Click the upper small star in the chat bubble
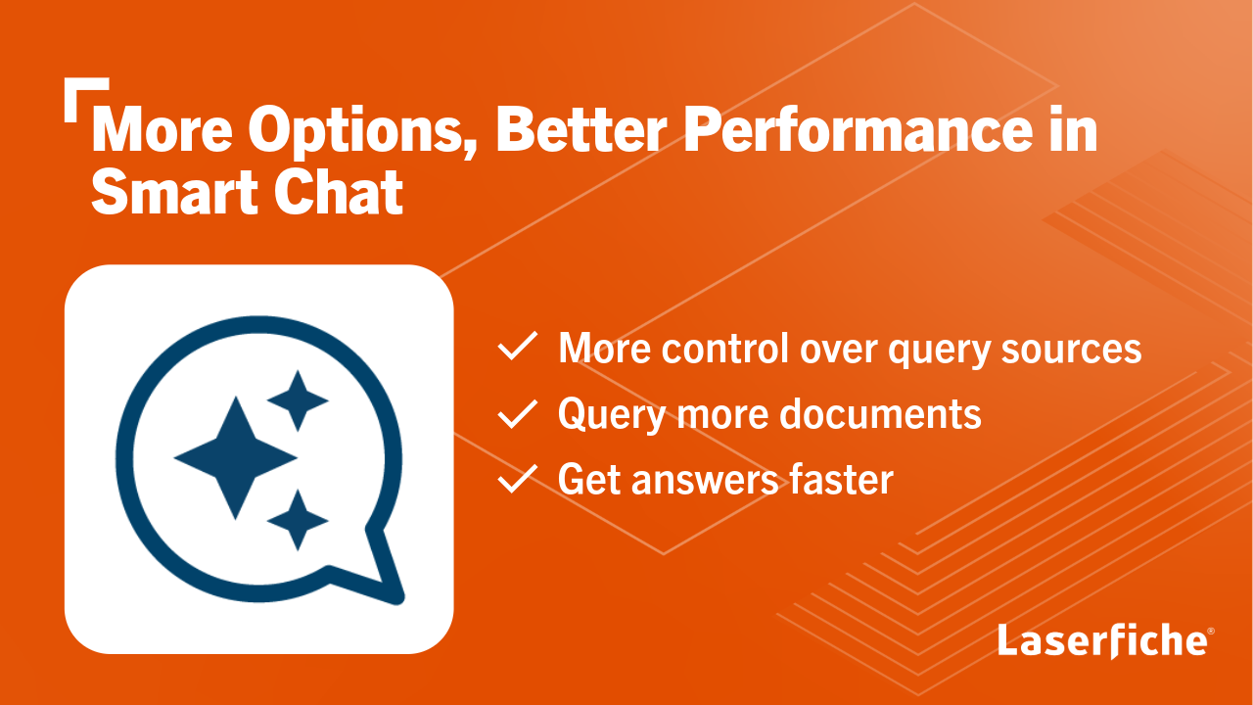click(297, 400)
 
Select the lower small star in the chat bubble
click(297, 519)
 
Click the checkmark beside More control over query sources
click(517, 348)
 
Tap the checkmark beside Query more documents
click(517, 414)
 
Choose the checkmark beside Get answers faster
click(517, 480)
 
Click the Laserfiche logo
click(1102, 640)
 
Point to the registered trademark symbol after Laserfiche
click(1211, 632)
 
